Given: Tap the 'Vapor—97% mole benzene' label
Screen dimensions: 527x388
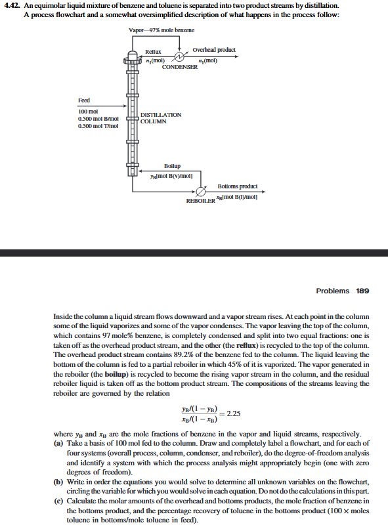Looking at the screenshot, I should pyautogui.click(x=162, y=31).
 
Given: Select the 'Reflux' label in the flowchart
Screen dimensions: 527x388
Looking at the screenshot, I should pyautogui.click(x=153, y=51).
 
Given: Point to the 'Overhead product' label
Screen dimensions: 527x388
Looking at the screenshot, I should pyautogui.click(x=214, y=50).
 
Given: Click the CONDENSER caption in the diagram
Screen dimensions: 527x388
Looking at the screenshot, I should pyautogui.click(x=179, y=67).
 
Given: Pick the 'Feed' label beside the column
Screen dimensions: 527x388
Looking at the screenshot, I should pyautogui.click(x=84, y=100).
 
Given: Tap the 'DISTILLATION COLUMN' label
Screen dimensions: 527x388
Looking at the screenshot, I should pyautogui.click(x=161, y=117).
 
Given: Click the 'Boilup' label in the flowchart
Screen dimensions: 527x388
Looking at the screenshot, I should pyautogui.click(x=172, y=167).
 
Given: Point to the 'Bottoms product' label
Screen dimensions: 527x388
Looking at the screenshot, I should pyautogui.click(x=237, y=186).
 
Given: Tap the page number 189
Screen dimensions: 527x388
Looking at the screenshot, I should pyautogui.click(x=362, y=290).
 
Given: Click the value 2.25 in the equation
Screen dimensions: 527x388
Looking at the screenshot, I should pyautogui.click(x=234, y=413).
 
